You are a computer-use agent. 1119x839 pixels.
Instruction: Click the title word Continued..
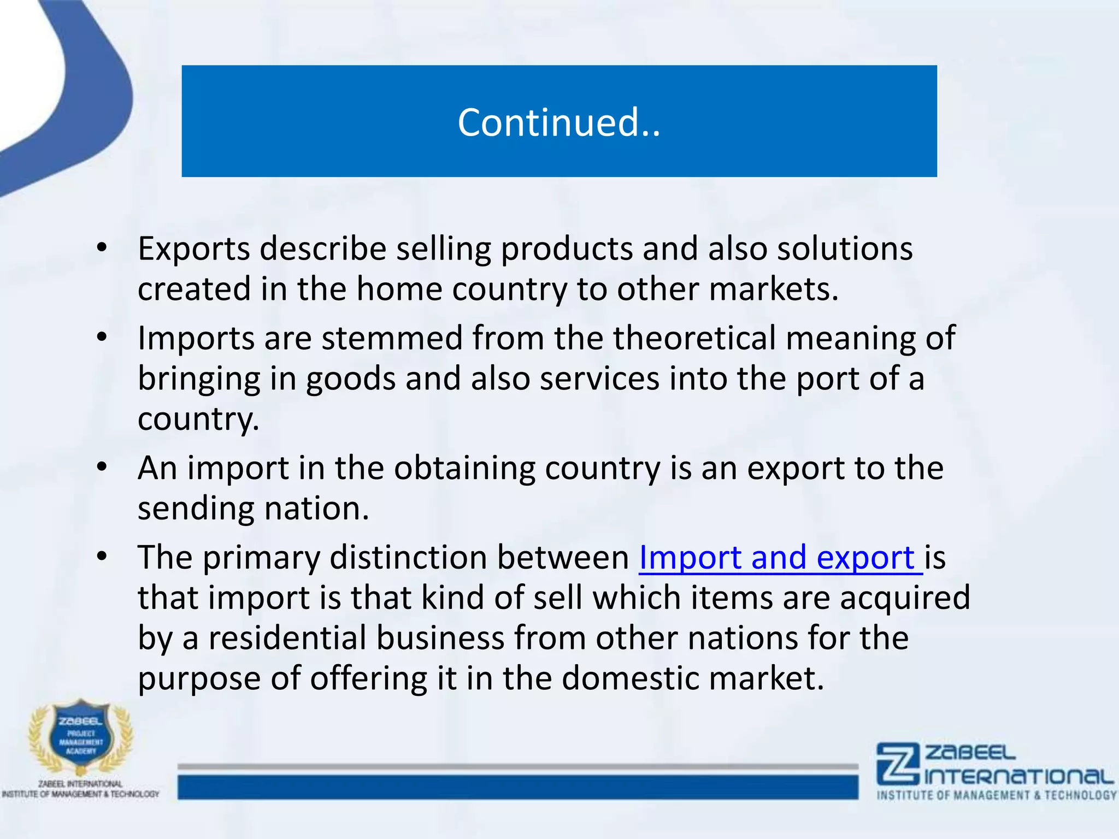click(558, 122)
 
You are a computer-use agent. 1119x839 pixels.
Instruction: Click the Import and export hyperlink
click(780, 558)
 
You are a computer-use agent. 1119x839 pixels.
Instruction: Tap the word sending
click(196, 509)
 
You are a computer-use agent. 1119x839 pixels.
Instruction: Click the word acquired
click(904, 598)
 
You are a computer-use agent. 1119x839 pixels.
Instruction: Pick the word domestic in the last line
click(630, 678)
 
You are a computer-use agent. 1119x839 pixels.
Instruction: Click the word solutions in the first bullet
click(845, 249)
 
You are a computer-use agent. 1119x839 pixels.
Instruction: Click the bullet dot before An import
click(102, 468)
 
